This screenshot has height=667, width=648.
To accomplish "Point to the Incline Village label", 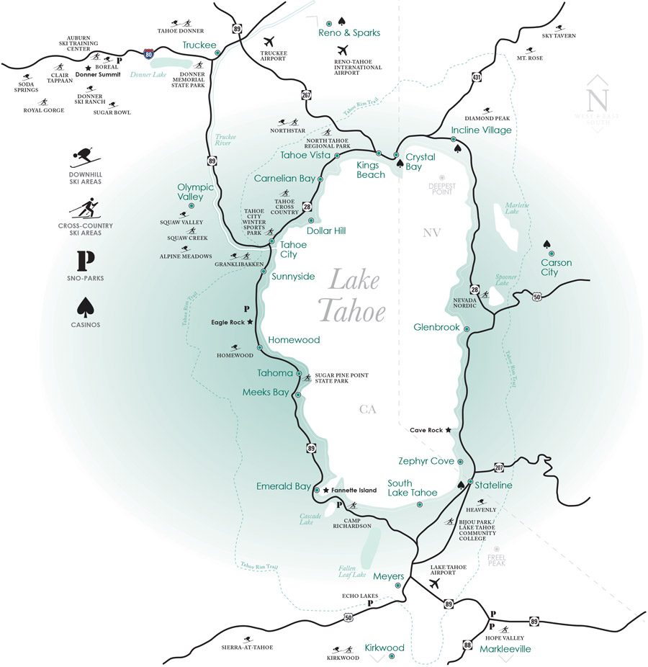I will [x=481, y=130].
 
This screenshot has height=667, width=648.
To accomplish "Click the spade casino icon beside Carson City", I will [x=549, y=245].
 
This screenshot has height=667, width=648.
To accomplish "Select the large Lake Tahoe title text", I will [x=352, y=296].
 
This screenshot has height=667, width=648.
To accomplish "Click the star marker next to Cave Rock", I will [x=448, y=430].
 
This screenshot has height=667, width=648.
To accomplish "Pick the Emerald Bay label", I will [x=284, y=486].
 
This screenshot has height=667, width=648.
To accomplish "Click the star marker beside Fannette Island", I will [x=325, y=490].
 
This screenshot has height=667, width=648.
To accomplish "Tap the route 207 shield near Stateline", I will [x=499, y=467].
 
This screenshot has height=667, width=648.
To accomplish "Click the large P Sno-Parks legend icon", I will [x=86, y=261].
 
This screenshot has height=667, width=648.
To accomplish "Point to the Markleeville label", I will [x=505, y=649].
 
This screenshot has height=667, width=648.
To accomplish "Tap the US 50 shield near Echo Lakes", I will [x=350, y=617].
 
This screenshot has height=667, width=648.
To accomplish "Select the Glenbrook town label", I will [x=436, y=327].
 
